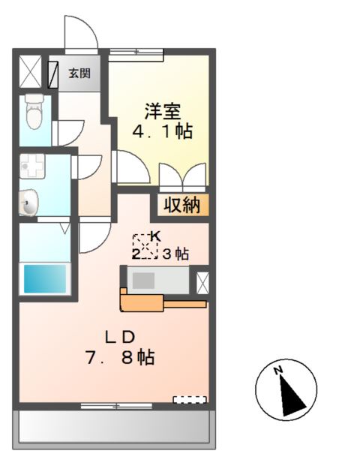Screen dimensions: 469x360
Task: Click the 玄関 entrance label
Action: (x=79, y=73)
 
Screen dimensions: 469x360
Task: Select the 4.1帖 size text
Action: (x=162, y=132)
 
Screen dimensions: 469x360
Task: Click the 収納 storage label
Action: (x=182, y=204)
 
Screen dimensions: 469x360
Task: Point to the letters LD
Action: (x=120, y=335)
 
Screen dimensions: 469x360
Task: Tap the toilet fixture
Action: (x=33, y=113)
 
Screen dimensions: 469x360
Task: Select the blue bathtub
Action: (x=44, y=278)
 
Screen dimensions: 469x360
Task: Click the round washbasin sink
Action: (x=28, y=203)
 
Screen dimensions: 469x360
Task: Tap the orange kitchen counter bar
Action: (x=161, y=303)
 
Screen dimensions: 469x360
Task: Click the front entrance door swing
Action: (x=82, y=34)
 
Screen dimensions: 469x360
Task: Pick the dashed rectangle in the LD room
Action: (x=189, y=400)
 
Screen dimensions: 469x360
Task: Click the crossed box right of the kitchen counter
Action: (x=202, y=282)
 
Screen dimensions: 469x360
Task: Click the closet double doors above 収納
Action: (x=182, y=178)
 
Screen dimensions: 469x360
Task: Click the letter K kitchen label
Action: (x=155, y=236)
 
